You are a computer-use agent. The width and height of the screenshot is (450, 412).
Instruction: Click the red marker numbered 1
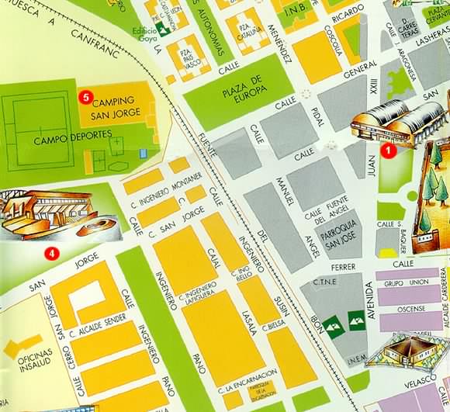click(392, 151)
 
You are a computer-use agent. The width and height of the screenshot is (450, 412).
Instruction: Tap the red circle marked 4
click(51, 252)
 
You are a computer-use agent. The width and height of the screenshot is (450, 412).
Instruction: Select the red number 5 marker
click(85, 96)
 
